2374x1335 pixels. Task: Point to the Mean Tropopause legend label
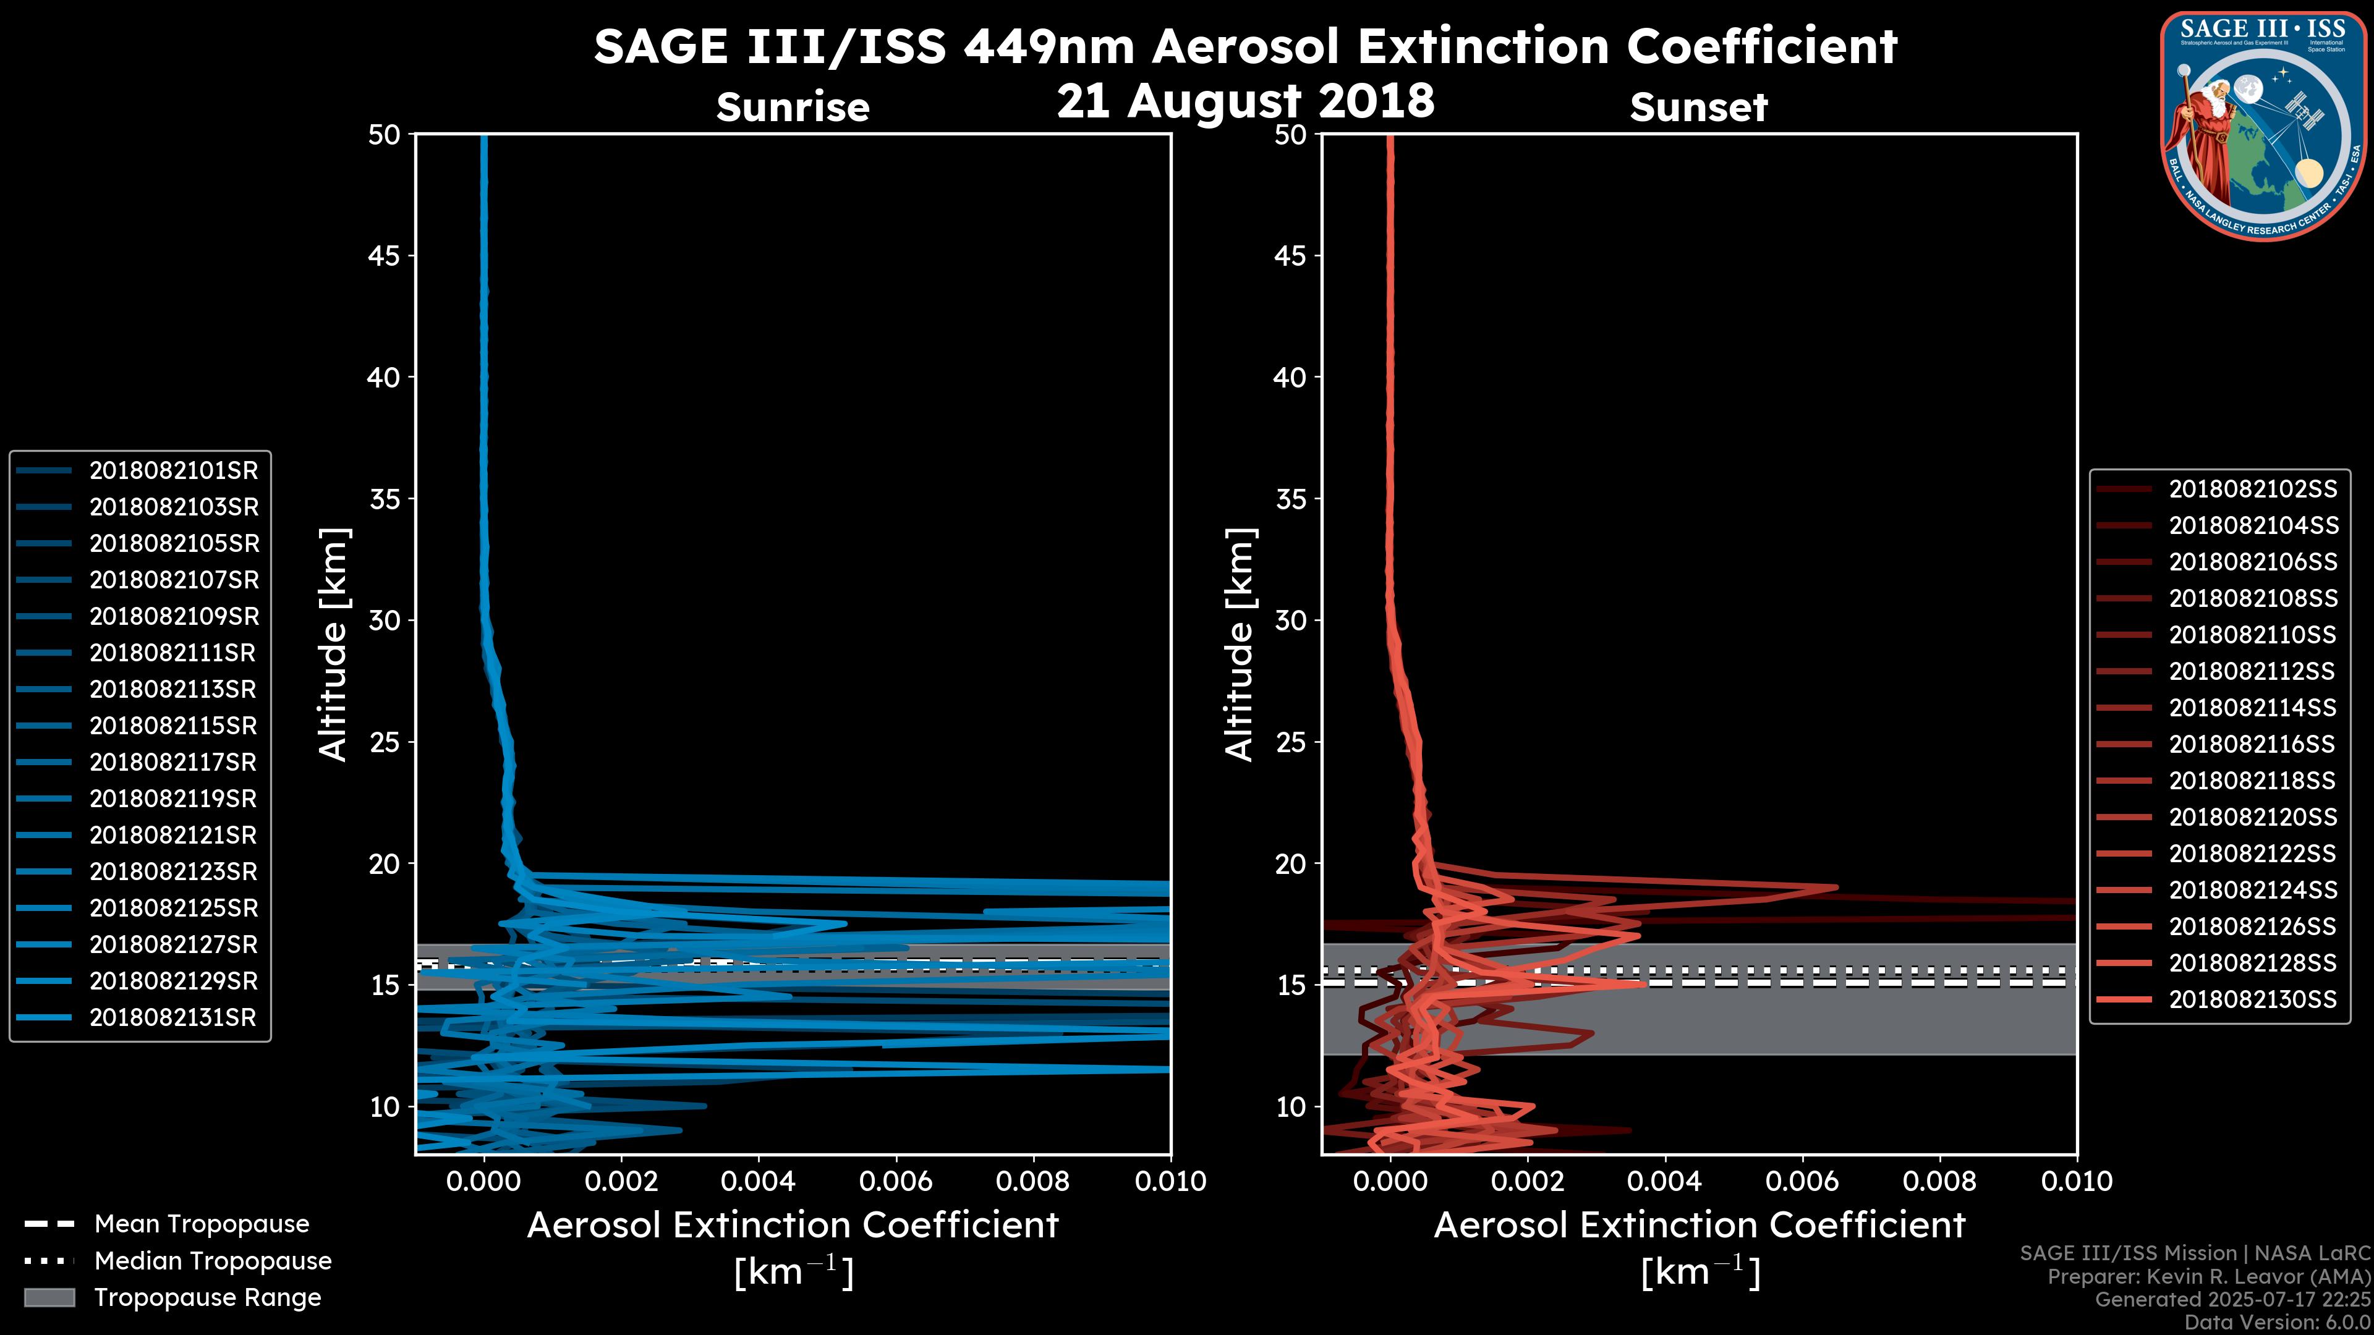point(202,1224)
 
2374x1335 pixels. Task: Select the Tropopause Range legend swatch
point(49,1298)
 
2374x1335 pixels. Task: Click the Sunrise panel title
point(793,108)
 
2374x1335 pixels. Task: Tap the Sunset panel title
point(1698,108)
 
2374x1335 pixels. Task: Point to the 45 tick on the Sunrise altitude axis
point(385,256)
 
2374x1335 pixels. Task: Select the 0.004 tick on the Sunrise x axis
point(759,1181)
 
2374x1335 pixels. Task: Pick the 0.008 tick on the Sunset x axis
point(1940,1181)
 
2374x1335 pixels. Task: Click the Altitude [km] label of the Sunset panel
point(1240,645)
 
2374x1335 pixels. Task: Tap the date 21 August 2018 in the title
point(1245,100)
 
